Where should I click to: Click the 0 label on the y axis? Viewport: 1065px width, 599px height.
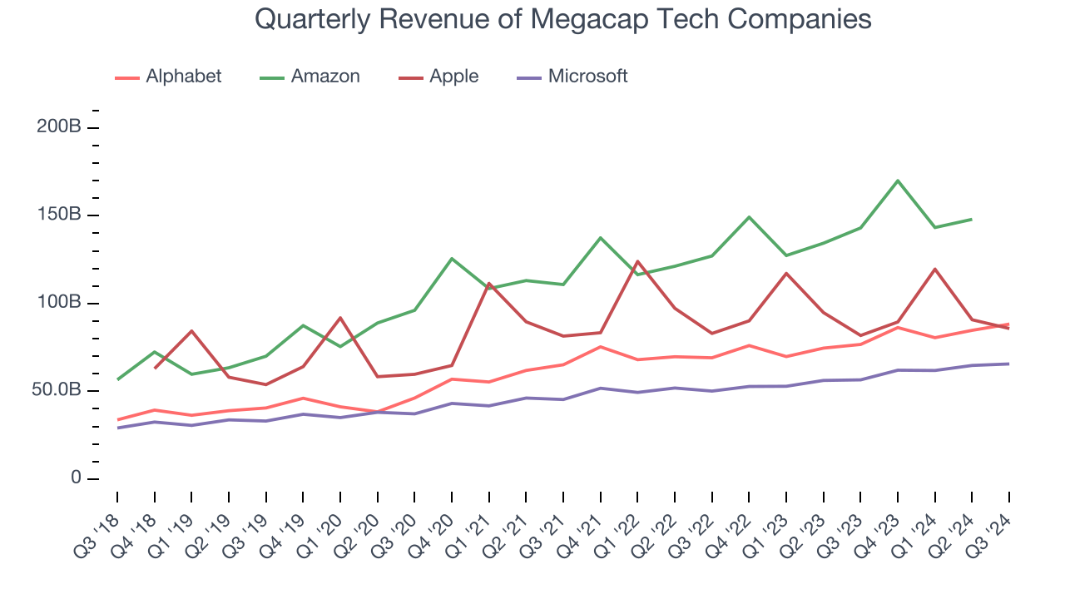point(76,478)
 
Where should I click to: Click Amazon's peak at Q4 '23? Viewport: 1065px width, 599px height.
point(898,181)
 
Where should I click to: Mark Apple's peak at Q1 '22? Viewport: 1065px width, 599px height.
point(637,261)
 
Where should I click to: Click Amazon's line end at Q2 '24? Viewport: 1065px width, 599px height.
point(972,219)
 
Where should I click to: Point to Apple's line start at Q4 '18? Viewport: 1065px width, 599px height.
point(154,368)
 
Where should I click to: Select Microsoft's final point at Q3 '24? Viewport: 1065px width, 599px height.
point(1009,364)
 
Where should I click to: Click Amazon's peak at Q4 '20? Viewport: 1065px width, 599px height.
point(452,259)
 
